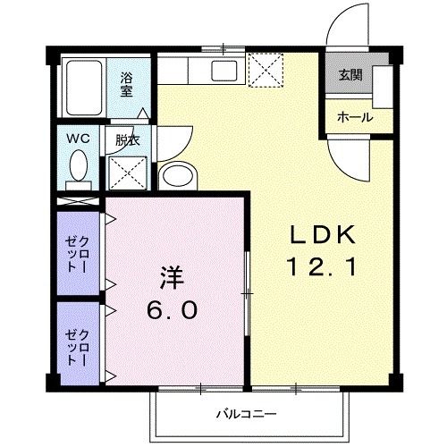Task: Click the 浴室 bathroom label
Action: coord(127,84)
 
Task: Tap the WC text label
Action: coord(77,139)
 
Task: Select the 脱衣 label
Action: coord(127,139)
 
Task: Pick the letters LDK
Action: coord(323,234)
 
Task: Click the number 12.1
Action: coord(323,266)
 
